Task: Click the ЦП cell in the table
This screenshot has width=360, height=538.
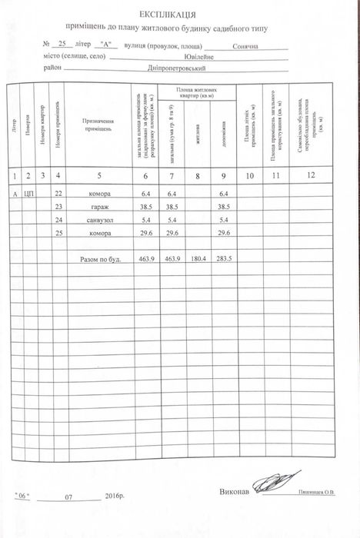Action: tap(29, 194)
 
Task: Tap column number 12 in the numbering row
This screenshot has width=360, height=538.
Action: tap(311, 177)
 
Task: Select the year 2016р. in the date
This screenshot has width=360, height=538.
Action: tap(113, 497)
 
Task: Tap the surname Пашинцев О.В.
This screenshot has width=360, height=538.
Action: tap(317, 493)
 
